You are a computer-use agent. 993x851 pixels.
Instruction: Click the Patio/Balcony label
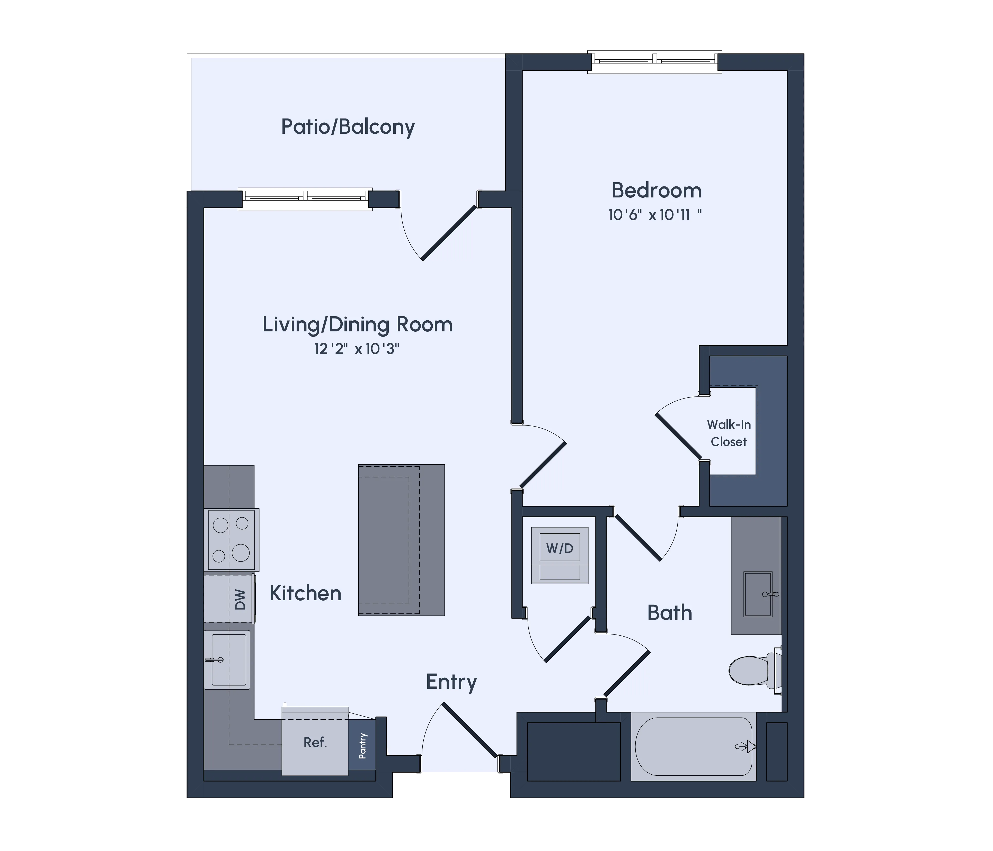point(348,127)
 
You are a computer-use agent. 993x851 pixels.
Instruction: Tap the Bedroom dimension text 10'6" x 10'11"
point(655,215)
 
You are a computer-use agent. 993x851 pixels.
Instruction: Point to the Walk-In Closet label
point(729,433)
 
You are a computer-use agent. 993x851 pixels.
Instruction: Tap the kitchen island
point(401,540)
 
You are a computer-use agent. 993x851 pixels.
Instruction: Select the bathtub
point(693,746)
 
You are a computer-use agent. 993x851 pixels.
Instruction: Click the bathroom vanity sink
point(758,594)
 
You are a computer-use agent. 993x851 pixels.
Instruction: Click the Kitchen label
point(305,593)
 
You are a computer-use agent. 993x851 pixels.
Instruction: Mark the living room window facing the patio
point(305,198)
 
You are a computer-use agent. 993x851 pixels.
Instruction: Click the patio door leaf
point(449,234)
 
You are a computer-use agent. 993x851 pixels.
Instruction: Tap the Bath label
point(670,613)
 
